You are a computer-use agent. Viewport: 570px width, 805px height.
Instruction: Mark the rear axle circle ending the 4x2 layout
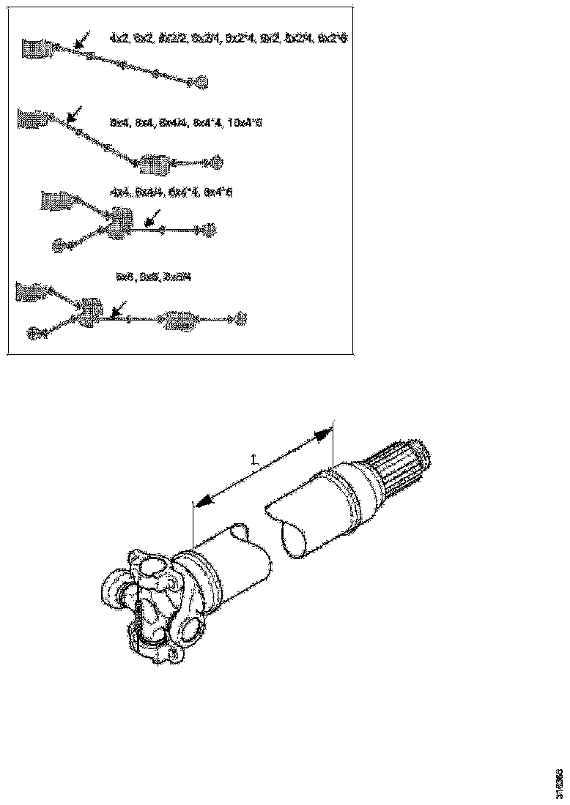[x=200, y=82]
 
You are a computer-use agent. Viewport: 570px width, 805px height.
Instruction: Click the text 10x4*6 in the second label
[x=245, y=123]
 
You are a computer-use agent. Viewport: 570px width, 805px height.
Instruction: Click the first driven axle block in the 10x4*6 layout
[x=155, y=164]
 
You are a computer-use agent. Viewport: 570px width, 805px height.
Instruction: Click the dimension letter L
[x=253, y=460]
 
